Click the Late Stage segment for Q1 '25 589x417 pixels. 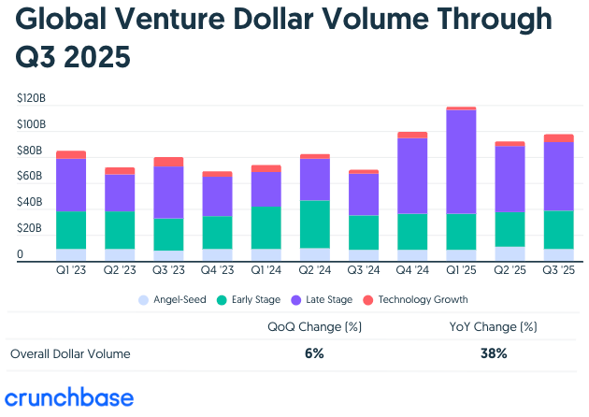coord(461,162)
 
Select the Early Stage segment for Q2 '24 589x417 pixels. coord(314,223)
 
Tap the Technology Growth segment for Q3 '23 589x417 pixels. coord(168,162)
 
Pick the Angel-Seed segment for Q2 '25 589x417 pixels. coord(510,253)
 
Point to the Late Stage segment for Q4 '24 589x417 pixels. coord(412,176)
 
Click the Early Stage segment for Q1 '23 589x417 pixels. coord(71,230)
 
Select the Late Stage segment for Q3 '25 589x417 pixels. coord(558,176)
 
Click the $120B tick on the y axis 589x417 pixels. coord(32,98)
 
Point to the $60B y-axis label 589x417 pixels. coord(32,176)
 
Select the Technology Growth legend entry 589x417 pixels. coord(419,300)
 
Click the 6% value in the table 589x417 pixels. coord(313,354)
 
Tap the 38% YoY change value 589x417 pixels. coord(494,354)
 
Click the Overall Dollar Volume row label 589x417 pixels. coord(71,354)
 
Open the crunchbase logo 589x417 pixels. coord(69,396)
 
